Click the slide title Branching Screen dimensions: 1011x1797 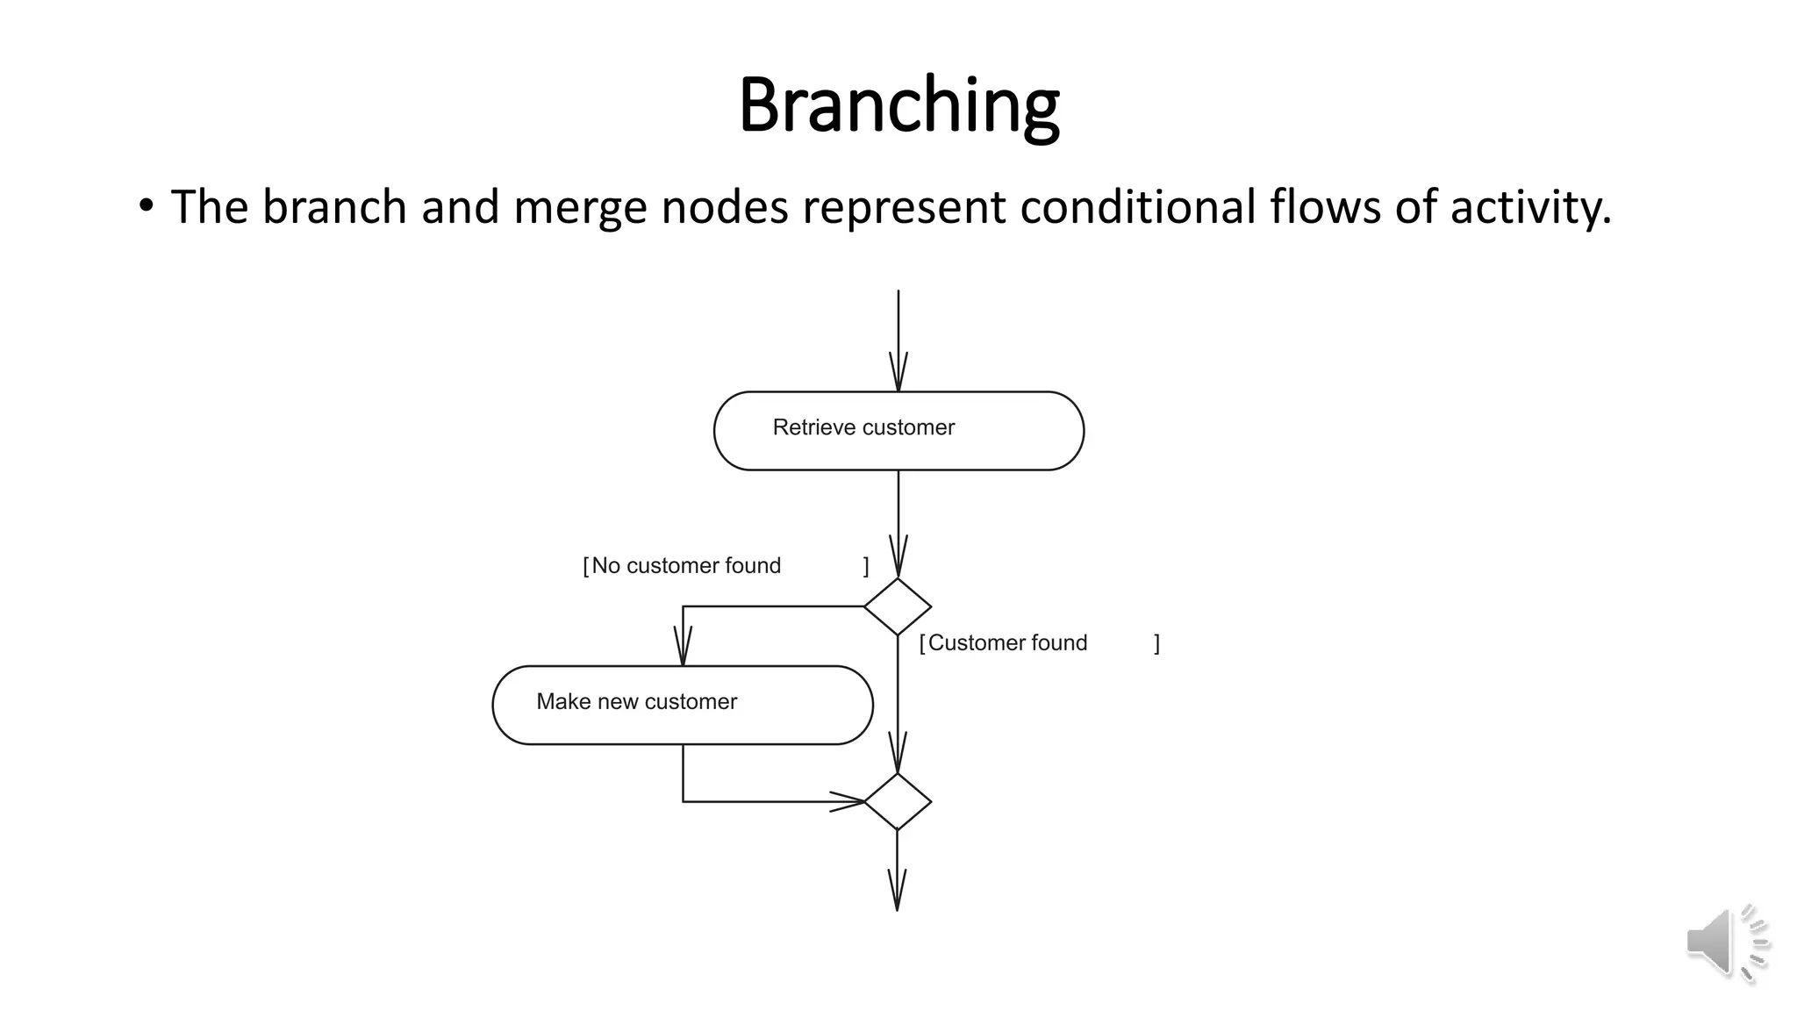click(898, 105)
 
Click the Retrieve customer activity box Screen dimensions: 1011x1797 click(898, 430)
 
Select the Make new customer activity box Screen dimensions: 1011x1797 click(683, 705)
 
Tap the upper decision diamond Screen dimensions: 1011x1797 click(897, 606)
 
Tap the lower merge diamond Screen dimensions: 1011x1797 click(897, 801)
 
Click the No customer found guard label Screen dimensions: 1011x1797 click(685, 566)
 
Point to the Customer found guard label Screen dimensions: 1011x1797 click(1007, 643)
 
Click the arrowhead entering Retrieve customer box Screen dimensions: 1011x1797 click(898, 374)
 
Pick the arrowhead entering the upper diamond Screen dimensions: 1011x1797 click(898, 558)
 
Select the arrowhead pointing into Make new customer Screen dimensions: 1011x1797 click(683, 648)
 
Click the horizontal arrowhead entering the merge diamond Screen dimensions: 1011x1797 click(848, 801)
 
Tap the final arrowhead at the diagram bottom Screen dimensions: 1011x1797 click(897, 892)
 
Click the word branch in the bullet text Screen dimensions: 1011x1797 click(334, 208)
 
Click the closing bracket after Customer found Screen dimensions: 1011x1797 click(1156, 644)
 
